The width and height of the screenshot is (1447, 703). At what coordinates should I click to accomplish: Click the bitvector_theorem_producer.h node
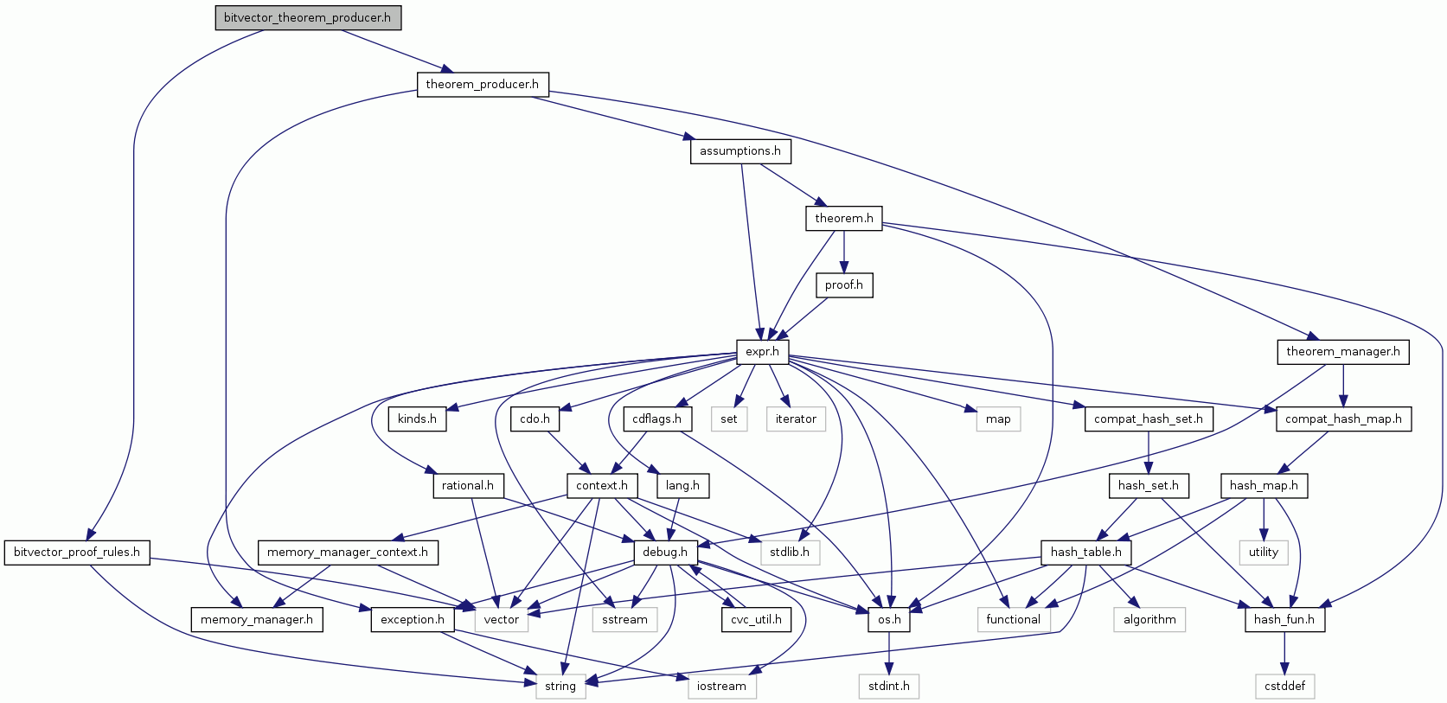click(x=308, y=17)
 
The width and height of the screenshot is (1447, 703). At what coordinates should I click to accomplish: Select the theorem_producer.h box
click(x=482, y=84)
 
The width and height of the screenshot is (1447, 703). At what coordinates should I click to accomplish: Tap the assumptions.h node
click(x=740, y=151)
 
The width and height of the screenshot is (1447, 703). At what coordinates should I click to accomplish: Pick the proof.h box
click(x=843, y=285)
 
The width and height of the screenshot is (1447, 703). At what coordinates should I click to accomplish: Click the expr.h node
click(x=762, y=352)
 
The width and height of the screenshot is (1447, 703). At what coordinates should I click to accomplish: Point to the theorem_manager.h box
click(x=1342, y=352)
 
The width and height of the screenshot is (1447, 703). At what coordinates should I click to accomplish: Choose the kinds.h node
click(x=417, y=419)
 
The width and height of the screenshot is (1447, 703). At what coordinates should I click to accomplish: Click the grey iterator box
click(x=796, y=419)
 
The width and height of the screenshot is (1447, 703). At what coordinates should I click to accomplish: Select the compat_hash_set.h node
click(x=1148, y=419)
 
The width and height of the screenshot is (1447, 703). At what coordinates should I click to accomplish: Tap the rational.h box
click(x=467, y=486)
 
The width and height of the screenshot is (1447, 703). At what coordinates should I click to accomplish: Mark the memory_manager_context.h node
click(x=347, y=553)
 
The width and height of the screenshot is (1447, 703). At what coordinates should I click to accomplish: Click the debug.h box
click(x=664, y=553)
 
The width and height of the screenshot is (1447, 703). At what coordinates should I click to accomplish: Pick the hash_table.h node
click(x=1085, y=553)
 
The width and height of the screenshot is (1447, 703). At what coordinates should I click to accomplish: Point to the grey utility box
click(x=1263, y=553)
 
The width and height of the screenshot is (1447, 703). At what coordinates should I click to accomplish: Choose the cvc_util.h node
click(x=756, y=620)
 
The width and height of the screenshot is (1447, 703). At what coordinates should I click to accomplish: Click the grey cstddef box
click(x=1284, y=687)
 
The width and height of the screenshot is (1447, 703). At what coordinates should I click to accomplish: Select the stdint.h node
click(x=889, y=687)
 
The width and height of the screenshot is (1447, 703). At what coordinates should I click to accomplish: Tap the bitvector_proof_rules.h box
click(x=76, y=553)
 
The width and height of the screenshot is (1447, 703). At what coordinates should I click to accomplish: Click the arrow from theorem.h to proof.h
click(x=843, y=252)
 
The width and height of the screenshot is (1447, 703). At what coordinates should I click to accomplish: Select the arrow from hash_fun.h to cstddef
click(x=1284, y=653)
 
